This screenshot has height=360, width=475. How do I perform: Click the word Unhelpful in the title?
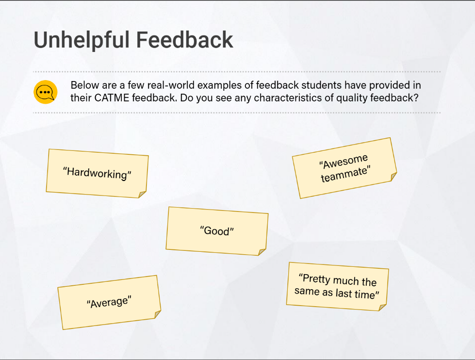coord(82,40)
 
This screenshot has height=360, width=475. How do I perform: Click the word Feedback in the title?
coord(184,40)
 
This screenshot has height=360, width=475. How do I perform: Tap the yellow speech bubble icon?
coord(46,92)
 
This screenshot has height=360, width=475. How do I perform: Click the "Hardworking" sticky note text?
coord(97,174)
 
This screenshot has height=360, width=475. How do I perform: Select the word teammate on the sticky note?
coord(345,174)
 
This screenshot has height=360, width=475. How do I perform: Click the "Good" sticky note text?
coord(217,231)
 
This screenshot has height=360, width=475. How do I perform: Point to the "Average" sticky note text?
coord(109,302)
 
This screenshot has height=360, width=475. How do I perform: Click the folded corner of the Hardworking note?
coord(142,194)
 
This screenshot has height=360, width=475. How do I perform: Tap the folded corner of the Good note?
coord(262,252)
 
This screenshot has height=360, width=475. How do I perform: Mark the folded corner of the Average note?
coord(158,314)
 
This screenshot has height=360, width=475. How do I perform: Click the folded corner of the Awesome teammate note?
coord(393,177)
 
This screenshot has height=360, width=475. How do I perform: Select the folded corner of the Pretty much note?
coord(382,307)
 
